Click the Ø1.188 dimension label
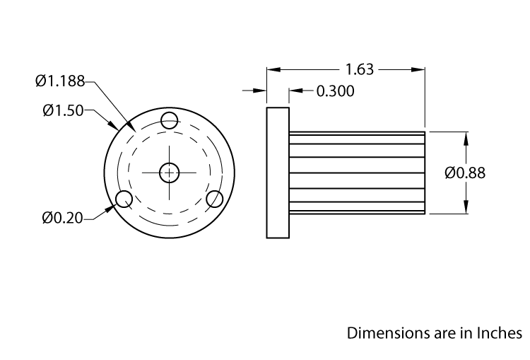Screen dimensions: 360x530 (60, 81)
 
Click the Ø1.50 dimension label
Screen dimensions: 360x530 (63, 110)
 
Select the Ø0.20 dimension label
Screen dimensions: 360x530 (62, 218)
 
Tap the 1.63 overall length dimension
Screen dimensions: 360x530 (360, 69)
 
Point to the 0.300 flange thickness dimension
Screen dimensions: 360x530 (335, 91)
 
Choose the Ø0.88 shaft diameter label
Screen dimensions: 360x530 (465, 173)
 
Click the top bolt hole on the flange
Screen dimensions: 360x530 (170, 121)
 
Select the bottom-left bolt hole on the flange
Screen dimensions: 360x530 (124, 198)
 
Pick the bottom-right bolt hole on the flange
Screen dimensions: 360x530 (215, 198)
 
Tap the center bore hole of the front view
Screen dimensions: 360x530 (170, 172)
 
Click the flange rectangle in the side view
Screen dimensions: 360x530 (278, 173)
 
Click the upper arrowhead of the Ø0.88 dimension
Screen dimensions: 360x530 (466, 137)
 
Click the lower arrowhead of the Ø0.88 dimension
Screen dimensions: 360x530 (466, 207)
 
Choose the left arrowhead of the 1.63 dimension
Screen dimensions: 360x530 (271, 69)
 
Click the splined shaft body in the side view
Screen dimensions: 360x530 (357, 173)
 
